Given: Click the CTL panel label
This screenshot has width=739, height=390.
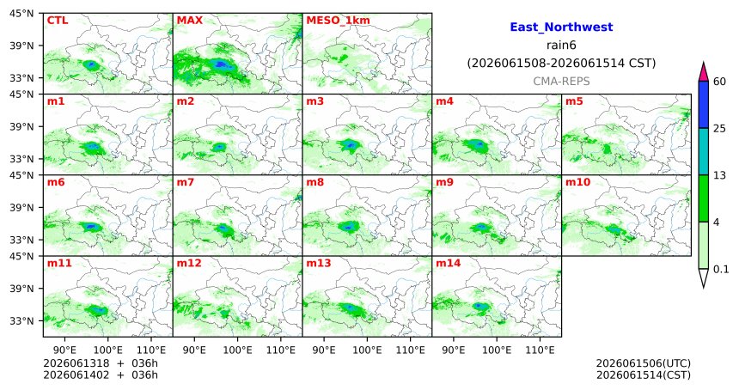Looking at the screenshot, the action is [x=57, y=21].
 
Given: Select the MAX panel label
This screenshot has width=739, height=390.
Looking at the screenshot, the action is [x=189, y=21].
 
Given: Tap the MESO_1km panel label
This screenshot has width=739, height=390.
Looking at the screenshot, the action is [x=338, y=21].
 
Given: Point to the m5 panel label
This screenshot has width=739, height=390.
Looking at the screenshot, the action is [x=574, y=101].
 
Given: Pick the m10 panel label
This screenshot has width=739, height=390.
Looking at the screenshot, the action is [x=577, y=182].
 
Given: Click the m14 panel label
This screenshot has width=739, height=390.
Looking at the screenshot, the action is [x=448, y=264].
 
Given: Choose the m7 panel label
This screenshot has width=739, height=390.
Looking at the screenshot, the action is [x=186, y=182].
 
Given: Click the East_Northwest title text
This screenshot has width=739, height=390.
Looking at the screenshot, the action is [x=561, y=27].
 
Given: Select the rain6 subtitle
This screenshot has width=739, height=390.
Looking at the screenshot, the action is [x=561, y=46].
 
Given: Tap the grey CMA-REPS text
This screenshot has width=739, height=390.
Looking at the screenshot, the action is [x=561, y=81].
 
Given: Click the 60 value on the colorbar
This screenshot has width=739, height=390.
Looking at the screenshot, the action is [x=719, y=82].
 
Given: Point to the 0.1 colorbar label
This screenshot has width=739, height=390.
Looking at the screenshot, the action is [x=721, y=269].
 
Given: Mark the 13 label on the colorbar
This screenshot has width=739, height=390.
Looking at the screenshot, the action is [x=719, y=175].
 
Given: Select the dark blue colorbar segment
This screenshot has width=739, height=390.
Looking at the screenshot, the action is [x=704, y=105].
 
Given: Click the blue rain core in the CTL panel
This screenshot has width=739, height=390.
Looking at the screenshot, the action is [x=91, y=64].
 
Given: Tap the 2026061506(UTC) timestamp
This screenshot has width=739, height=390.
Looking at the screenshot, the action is [x=644, y=363].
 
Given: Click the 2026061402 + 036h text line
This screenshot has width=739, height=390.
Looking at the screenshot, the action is [x=101, y=375].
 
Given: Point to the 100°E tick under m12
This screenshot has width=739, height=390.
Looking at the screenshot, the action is [x=237, y=350].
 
